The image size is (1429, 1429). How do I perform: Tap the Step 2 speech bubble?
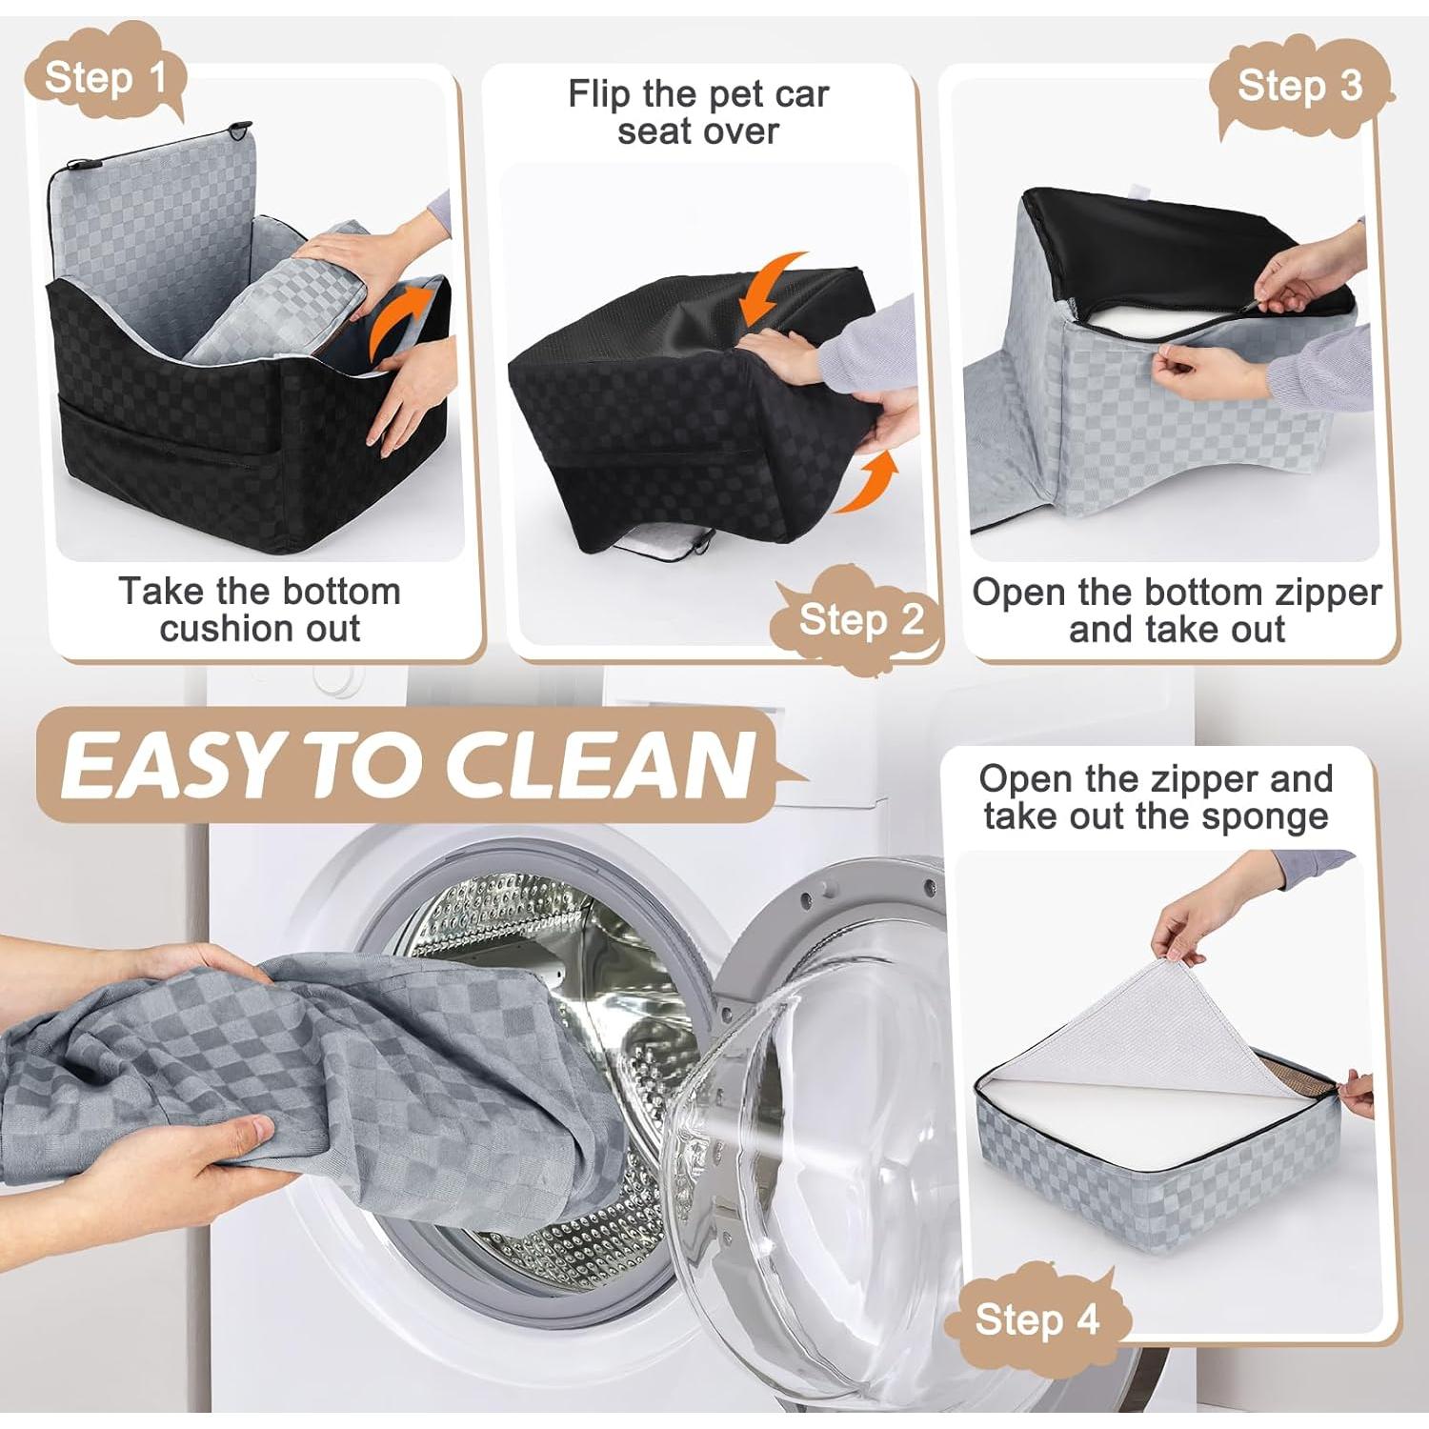click(859, 619)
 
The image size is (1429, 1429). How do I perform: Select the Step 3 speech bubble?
click(1299, 86)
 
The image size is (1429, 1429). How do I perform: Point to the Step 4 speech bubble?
click(1037, 1319)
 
